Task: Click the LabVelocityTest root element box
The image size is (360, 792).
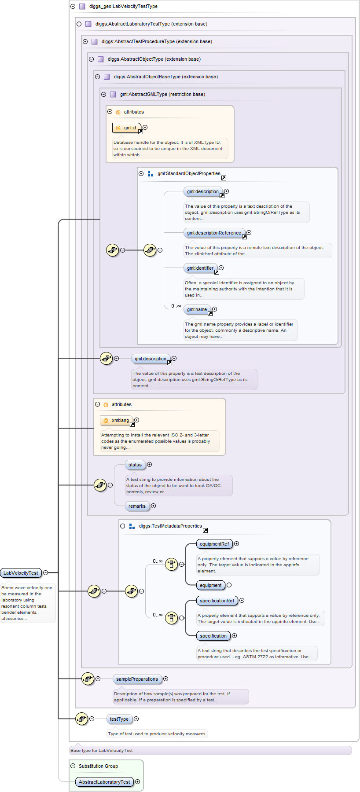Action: [21, 573]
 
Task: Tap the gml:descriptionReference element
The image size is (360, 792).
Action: [214, 233]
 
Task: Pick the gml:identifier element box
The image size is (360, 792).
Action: [200, 268]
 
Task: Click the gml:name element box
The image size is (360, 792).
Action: [197, 309]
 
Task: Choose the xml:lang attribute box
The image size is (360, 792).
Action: [117, 420]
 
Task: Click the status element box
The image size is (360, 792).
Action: [135, 465]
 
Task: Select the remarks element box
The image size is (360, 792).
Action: [137, 506]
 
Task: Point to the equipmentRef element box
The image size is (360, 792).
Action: [214, 544]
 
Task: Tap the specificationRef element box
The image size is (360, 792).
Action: [217, 601]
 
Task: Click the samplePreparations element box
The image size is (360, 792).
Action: [137, 679]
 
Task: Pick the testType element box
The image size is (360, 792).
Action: [119, 719]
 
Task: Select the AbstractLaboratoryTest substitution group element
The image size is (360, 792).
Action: [104, 782]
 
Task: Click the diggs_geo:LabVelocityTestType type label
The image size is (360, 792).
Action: [123, 6]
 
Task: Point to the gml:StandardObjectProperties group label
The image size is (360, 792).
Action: [189, 173]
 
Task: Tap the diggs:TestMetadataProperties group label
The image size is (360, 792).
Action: [170, 526]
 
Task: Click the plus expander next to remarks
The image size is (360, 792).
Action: [154, 506]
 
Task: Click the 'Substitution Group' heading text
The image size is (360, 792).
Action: [98, 766]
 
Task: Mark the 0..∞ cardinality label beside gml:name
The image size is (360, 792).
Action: [176, 306]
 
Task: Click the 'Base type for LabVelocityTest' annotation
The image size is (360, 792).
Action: [102, 750]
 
